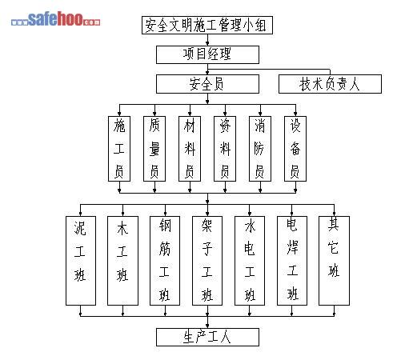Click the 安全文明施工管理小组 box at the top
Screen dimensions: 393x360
(x=207, y=25)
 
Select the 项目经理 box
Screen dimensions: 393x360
(x=207, y=54)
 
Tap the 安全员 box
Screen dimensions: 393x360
(x=207, y=84)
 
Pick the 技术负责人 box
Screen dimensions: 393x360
(x=330, y=84)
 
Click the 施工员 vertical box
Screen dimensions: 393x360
(x=119, y=149)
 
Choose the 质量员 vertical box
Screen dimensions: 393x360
(x=154, y=149)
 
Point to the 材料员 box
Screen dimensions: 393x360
(x=190, y=149)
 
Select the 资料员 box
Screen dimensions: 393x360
(x=225, y=149)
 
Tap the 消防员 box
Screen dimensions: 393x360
(x=260, y=149)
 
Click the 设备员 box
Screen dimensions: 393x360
(x=295, y=149)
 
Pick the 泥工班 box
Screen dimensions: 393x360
(x=81, y=261)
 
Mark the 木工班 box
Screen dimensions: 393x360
(x=122, y=261)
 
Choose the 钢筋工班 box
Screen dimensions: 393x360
(x=165, y=261)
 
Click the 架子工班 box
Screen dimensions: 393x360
(x=207, y=261)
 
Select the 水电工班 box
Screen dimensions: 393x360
(x=250, y=261)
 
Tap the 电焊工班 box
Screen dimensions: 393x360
(x=292, y=261)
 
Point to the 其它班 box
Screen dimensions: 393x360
(x=334, y=261)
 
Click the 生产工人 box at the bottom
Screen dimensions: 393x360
(x=207, y=337)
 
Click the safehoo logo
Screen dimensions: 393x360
(x=56, y=19)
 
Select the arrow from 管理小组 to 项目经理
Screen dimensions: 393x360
(x=207, y=40)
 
